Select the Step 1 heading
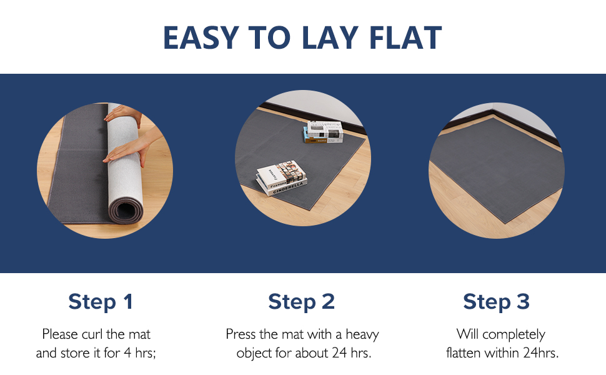coord(100,302)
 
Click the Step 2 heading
coord(302,302)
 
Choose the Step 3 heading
coord(496,302)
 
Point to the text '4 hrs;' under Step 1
coord(139,353)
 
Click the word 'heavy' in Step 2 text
coord(362,334)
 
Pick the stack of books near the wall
coord(324,131)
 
